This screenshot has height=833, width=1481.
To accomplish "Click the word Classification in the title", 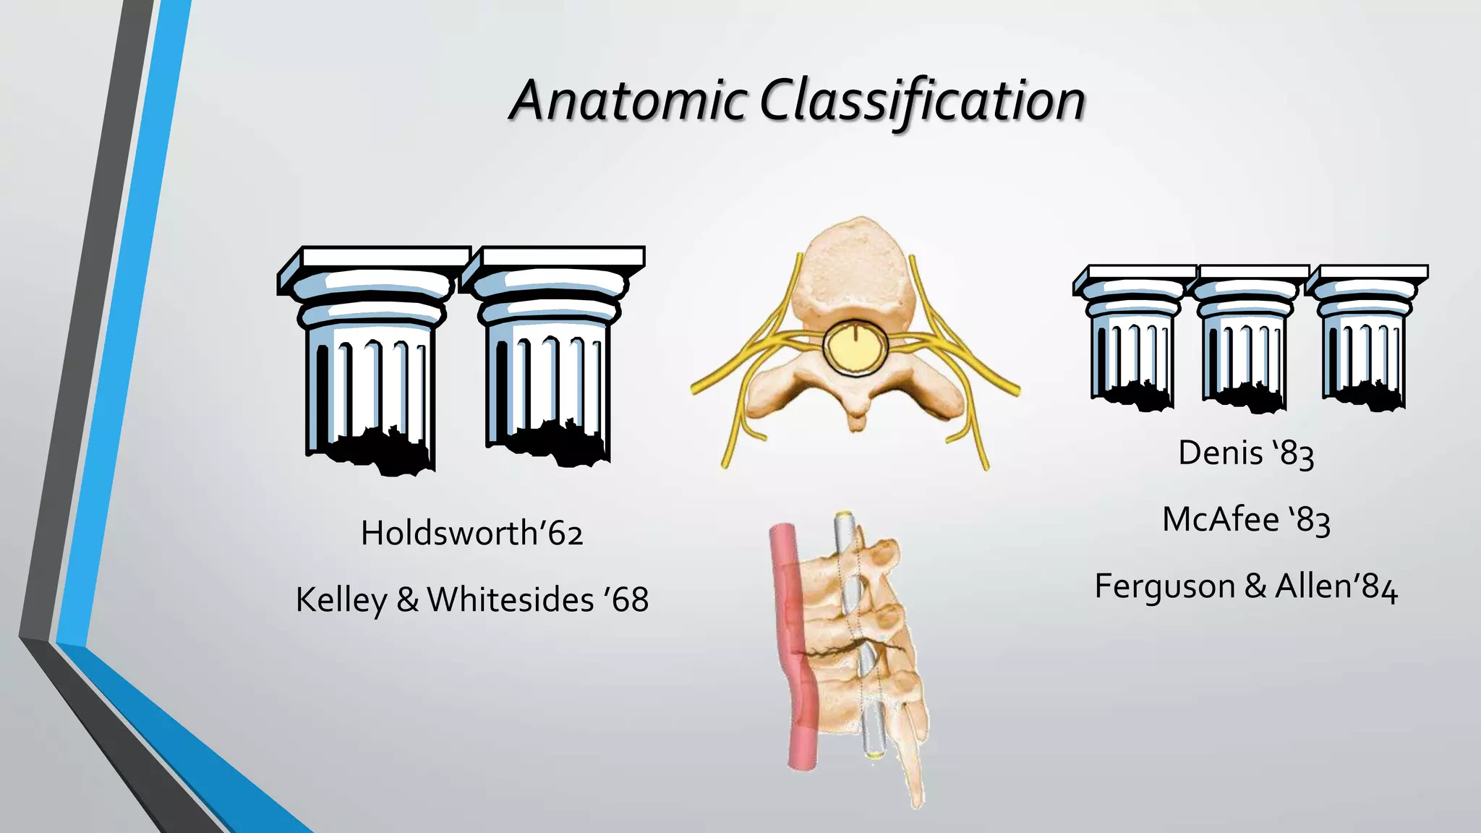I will click(x=922, y=101).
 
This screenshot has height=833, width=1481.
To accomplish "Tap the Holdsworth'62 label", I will click(x=471, y=534).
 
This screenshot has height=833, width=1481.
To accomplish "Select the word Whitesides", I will click(x=511, y=600).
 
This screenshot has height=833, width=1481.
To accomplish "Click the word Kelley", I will click(x=341, y=600).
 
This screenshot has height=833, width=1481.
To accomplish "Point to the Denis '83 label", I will click(x=1246, y=453).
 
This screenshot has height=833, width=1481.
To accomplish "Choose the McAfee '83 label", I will click(x=1246, y=520).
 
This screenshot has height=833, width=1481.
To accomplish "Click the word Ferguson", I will click(x=1164, y=586).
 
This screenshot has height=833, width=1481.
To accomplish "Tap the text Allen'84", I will click(x=1336, y=586).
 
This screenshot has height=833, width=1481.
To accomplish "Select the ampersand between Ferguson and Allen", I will click(x=1255, y=586).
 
